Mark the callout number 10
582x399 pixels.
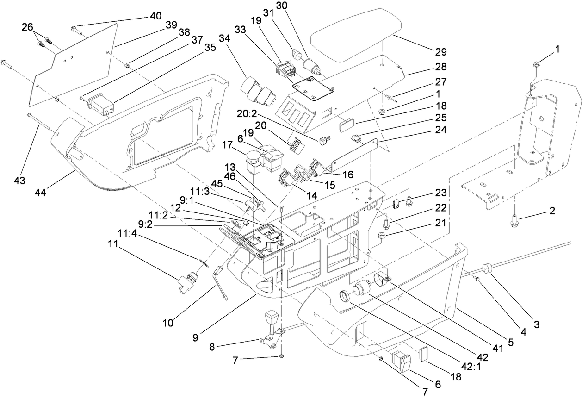point(168,323)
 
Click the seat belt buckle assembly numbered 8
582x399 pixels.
point(271,330)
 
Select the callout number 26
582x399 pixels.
point(28,27)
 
